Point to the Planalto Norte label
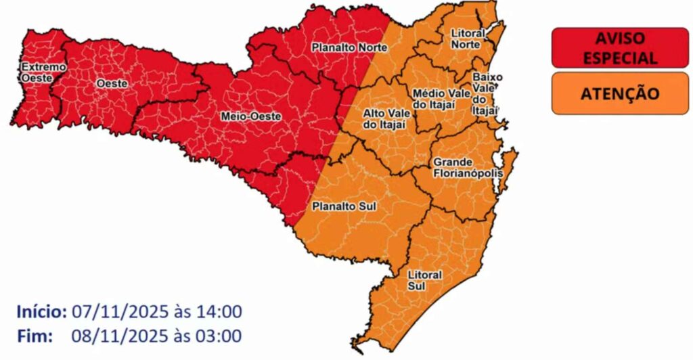[349, 47]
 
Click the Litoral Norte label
[467, 39]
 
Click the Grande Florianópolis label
[468, 168]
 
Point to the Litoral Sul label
[424, 281]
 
